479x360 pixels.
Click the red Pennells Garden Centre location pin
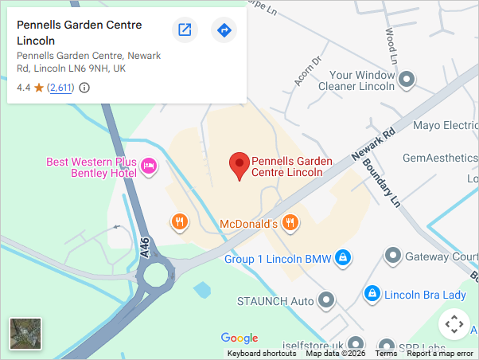(239, 165)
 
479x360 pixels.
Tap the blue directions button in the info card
(224, 30)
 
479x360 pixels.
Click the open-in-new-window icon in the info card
(185, 30)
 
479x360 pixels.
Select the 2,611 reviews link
(60, 88)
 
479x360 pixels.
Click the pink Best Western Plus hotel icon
(149, 166)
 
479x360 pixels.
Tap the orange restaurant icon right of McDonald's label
(290, 223)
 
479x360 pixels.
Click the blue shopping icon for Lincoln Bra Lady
(371, 294)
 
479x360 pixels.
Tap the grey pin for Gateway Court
(392, 256)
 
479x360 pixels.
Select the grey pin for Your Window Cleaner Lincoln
(407, 79)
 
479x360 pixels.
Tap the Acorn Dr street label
(306, 70)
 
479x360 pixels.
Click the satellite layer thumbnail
(25, 334)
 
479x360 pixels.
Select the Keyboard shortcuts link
(262, 354)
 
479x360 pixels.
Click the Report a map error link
(440, 354)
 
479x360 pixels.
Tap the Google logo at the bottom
(240, 338)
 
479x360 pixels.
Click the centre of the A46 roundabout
(154, 276)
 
